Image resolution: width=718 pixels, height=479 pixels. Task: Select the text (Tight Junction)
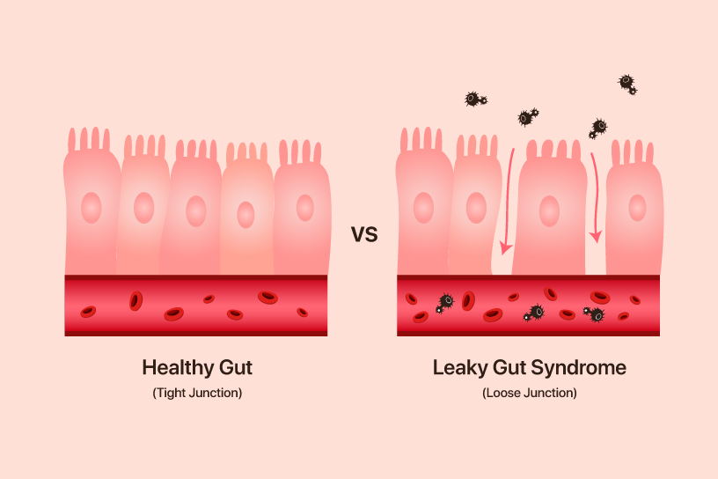[197, 393]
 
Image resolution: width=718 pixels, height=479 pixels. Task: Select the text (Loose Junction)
[530, 393]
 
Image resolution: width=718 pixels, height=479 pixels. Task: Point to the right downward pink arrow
[596, 197]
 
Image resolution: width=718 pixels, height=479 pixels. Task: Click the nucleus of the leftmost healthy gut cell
[91, 208]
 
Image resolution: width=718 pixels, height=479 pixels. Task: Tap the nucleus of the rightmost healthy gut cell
[304, 208]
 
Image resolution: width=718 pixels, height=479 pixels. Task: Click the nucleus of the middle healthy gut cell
[195, 211]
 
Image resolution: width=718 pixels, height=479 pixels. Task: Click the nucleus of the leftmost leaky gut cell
[424, 208]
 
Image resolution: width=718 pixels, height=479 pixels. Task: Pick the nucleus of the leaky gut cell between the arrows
[549, 211]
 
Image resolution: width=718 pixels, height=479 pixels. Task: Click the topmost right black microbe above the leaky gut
[626, 84]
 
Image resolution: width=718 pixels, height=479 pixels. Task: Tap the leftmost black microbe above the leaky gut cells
[474, 99]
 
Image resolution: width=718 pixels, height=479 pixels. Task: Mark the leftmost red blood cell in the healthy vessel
[88, 312]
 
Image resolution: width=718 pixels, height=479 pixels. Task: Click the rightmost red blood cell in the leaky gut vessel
[635, 300]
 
